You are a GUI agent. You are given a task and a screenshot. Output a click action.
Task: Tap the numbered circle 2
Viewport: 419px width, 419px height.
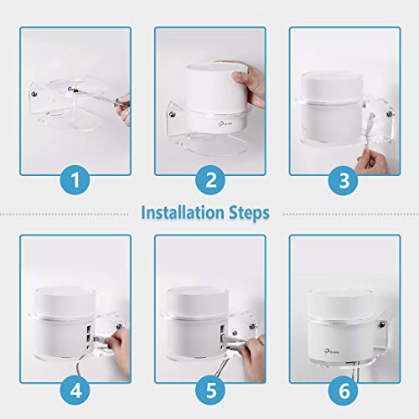pos(209,179)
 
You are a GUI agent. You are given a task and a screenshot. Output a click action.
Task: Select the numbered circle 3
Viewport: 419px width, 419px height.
pos(344,179)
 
